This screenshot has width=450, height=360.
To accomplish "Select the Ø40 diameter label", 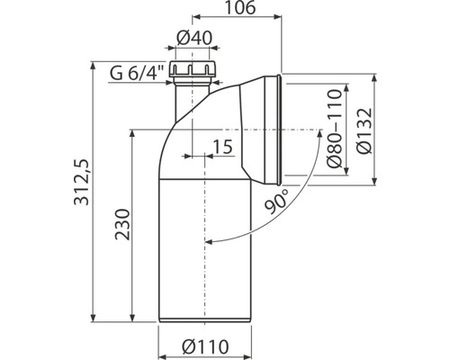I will pos(193,40).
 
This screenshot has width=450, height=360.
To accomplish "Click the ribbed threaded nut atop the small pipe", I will pos(194,69).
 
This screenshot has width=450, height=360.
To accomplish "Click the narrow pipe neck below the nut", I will pos(191,90).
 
